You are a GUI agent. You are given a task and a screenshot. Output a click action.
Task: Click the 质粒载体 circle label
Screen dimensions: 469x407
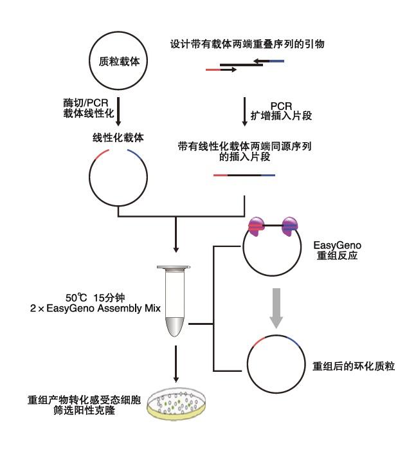(x=118, y=62)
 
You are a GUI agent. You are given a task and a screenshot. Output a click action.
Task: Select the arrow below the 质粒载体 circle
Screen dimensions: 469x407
(x=118, y=110)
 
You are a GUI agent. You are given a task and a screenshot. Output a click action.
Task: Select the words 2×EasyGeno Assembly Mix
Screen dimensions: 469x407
(x=97, y=309)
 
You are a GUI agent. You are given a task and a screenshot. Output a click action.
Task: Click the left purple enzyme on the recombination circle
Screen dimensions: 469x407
(x=258, y=228)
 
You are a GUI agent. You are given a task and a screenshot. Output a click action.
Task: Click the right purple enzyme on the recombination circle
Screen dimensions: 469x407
(x=290, y=228)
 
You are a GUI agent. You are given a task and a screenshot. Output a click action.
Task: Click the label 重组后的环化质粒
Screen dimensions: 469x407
(x=353, y=366)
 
